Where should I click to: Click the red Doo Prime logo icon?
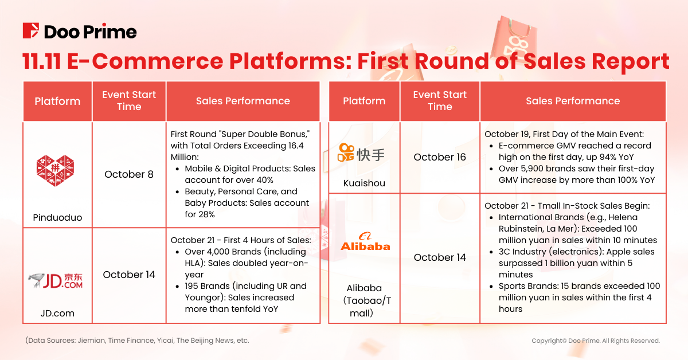click(x=31, y=30)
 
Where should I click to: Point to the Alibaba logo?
click(x=365, y=241)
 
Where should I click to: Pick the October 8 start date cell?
click(x=129, y=174)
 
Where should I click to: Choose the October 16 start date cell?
click(x=440, y=157)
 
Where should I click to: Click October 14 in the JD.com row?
click(x=129, y=275)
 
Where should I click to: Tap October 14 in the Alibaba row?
click(x=440, y=257)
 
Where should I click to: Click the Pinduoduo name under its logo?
click(x=57, y=217)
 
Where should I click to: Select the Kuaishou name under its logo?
click(x=364, y=183)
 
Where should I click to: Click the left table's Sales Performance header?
click(x=243, y=101)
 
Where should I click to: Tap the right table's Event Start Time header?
click(x=440, y=101)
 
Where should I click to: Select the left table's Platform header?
click(x=57, y=101)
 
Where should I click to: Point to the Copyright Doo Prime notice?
click(x=596, y=341)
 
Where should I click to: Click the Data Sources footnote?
click(x=138, y=340)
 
